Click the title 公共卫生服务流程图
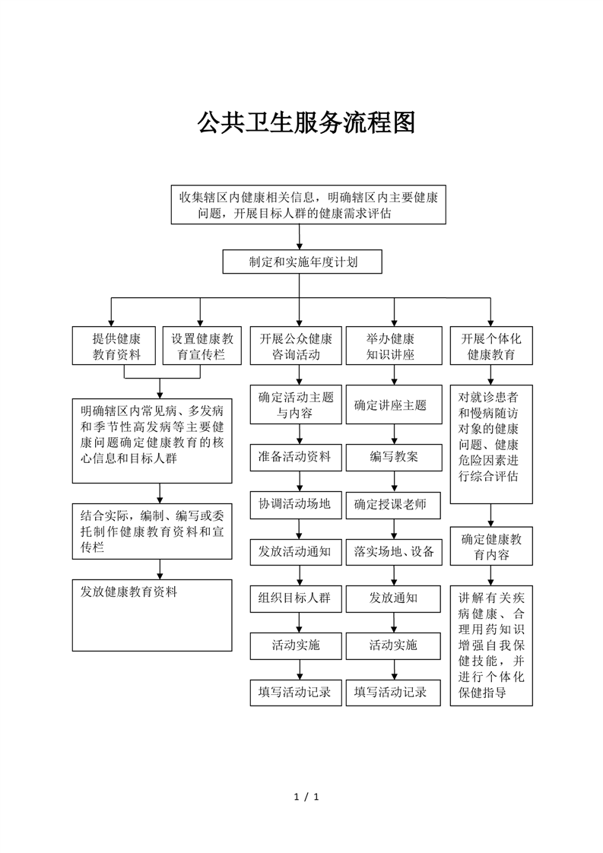[306, 123]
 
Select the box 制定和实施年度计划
[302, 262]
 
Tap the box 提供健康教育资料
[114, 345]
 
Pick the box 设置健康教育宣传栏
[202, 345]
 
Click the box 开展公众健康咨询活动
[296, 345]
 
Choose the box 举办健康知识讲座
[393, 345]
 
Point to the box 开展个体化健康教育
[491, 345]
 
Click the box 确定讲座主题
[394, 404]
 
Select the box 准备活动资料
[296, 457]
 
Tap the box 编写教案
[394, 457]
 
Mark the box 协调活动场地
[296, 505]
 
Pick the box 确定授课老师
[393, 505]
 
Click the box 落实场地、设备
[393, 552]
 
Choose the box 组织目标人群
[296, 599]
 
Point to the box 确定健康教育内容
[491, 546]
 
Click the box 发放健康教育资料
[152, 615]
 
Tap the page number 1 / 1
[306, 797]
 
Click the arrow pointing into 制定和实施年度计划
[300, 236]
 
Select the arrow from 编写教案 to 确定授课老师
[394, 481]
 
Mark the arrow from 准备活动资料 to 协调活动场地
[300, 481]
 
